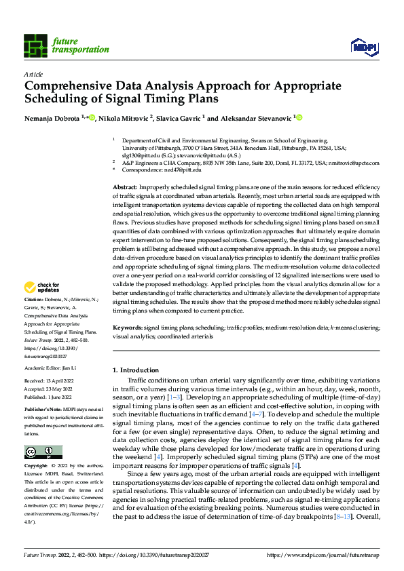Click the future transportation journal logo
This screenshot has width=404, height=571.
[x=66, y=45]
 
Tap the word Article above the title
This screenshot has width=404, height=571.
[x=33, y=74]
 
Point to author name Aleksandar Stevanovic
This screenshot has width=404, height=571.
[x=256, y=118]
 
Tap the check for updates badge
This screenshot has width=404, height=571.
[x=43, y=307]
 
